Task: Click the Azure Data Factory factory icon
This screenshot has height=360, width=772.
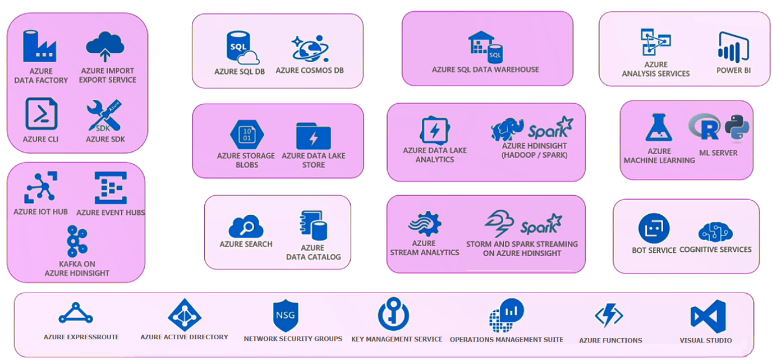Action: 39,47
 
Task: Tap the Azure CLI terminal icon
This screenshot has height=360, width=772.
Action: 41,114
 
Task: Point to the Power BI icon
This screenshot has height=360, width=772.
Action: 733,47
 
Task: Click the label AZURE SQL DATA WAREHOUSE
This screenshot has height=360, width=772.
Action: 485,70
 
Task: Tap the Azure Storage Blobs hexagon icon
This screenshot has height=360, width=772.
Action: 247,135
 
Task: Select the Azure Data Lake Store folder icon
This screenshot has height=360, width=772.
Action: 313,135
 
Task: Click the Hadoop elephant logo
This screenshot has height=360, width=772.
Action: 507,128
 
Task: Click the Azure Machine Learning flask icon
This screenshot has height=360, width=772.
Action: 659,127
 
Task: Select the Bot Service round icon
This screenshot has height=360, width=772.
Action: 654,228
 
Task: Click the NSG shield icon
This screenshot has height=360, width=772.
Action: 285,316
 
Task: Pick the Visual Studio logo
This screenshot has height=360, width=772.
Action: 707,316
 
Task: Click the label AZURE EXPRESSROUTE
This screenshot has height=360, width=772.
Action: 81,337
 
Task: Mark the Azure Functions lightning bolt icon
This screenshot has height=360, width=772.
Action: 609,316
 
